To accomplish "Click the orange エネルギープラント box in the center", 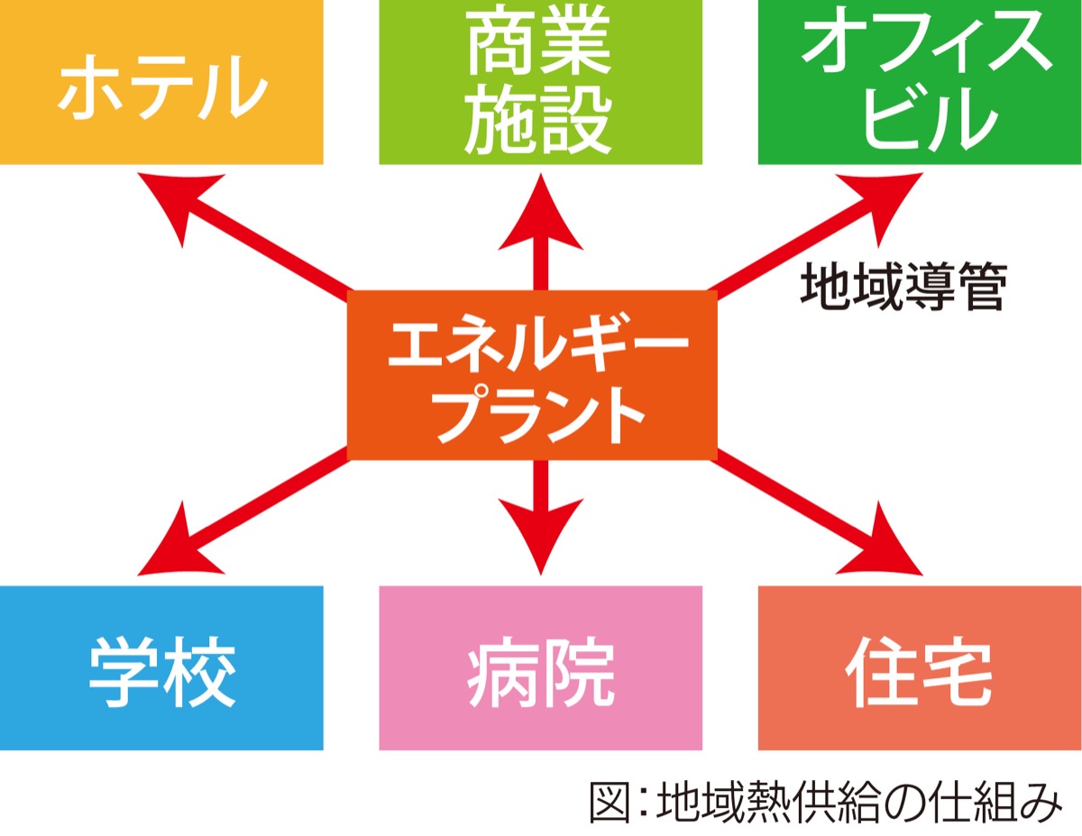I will (x=532, y=374).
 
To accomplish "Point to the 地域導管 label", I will (x=902, y=286).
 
